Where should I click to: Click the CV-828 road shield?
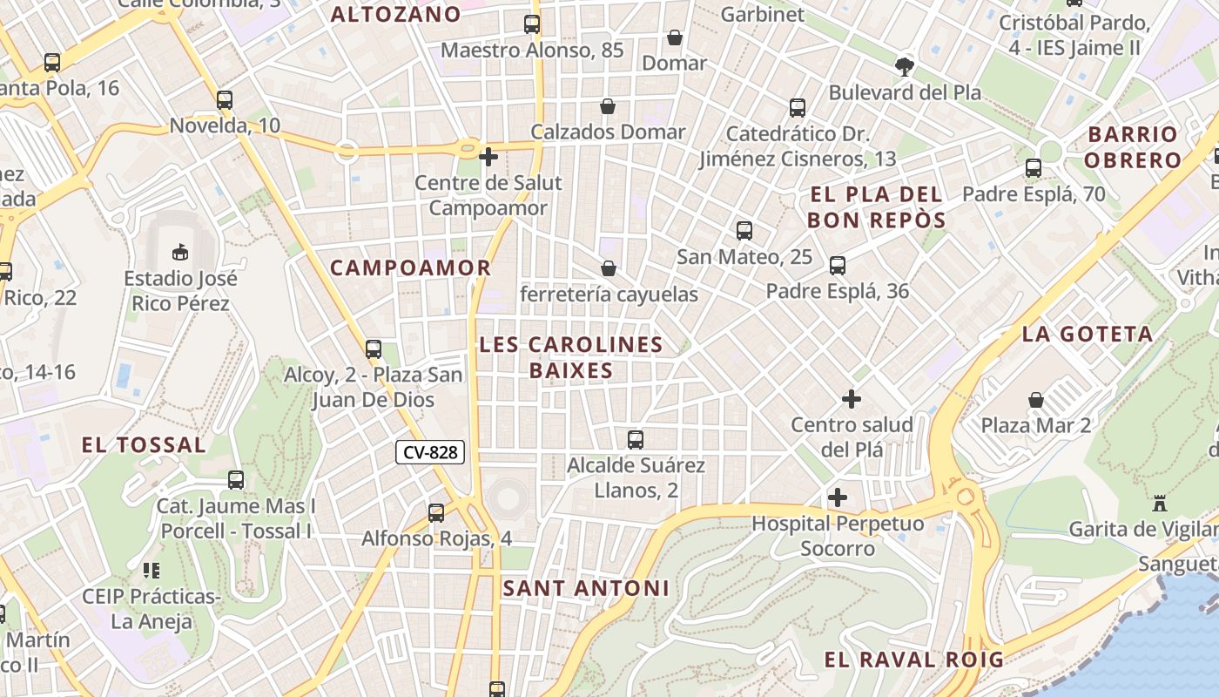click(x=430, y=452)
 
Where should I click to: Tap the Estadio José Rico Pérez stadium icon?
click(x=180, y=252)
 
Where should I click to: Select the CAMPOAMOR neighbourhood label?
click(x=411, y=267)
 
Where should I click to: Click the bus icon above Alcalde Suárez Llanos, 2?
click(x=636, y=440)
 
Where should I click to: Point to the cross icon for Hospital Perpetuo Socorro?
click(x=838, y=497)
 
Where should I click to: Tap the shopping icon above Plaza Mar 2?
click(x=1036, y=400)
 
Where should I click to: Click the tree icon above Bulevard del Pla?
click(x=905, y=65)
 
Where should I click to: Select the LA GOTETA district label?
click(x=1088, y=334)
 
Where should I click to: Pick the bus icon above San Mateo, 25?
click(x=744, y=231)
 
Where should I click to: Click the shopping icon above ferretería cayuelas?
click(x=609, y=268)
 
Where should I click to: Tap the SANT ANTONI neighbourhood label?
click(x=586, y=588)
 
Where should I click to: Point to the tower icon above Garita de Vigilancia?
click(x=1159, y=503)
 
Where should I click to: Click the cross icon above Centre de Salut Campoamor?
click(x=488, y=157)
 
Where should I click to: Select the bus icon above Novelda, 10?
click(x=225, y=100)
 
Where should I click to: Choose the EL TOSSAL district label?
click(x=144, y=445)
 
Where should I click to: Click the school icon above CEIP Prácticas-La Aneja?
click(x=152, y=571)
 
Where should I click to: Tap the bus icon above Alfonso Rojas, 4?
click(x=436, y=513)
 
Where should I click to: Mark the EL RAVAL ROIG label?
click(x=914, y=660)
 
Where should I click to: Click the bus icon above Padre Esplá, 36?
click(x=838, y=266)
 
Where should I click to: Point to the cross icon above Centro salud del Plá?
click(x=852, y=399)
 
